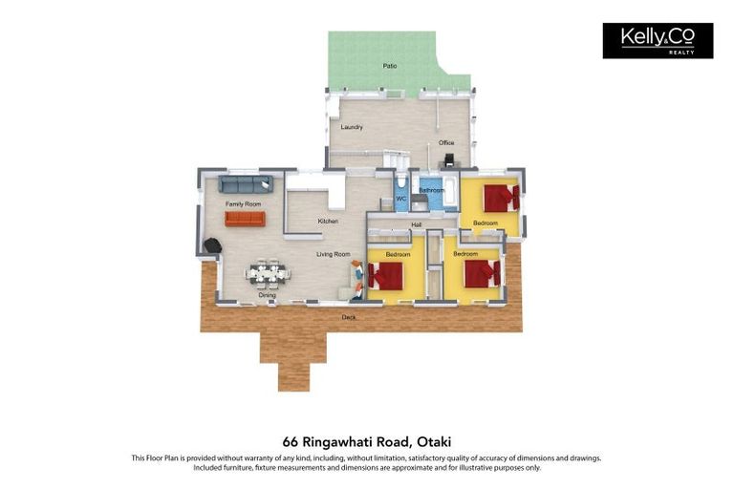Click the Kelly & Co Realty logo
tap(658, 41)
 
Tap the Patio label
tap(390, 66)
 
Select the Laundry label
tap(351, 127)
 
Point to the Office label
tap(446, 143)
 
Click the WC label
tap(402, 199)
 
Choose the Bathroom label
tap(432, 190)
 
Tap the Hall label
tap(417, 225)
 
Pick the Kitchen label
tap(328, 222)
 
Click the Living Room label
tap(334, 254)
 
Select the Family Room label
tap(243, 204)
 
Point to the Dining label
tap(268, 295)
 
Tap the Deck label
tap(349, 317)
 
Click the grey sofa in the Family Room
tap(246, 184)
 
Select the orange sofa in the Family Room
tap(245, 219)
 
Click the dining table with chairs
tap(267, 273)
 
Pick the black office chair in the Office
tap(449, 160)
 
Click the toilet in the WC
tap(402, 182)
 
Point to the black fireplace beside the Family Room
tap(211, 245)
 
